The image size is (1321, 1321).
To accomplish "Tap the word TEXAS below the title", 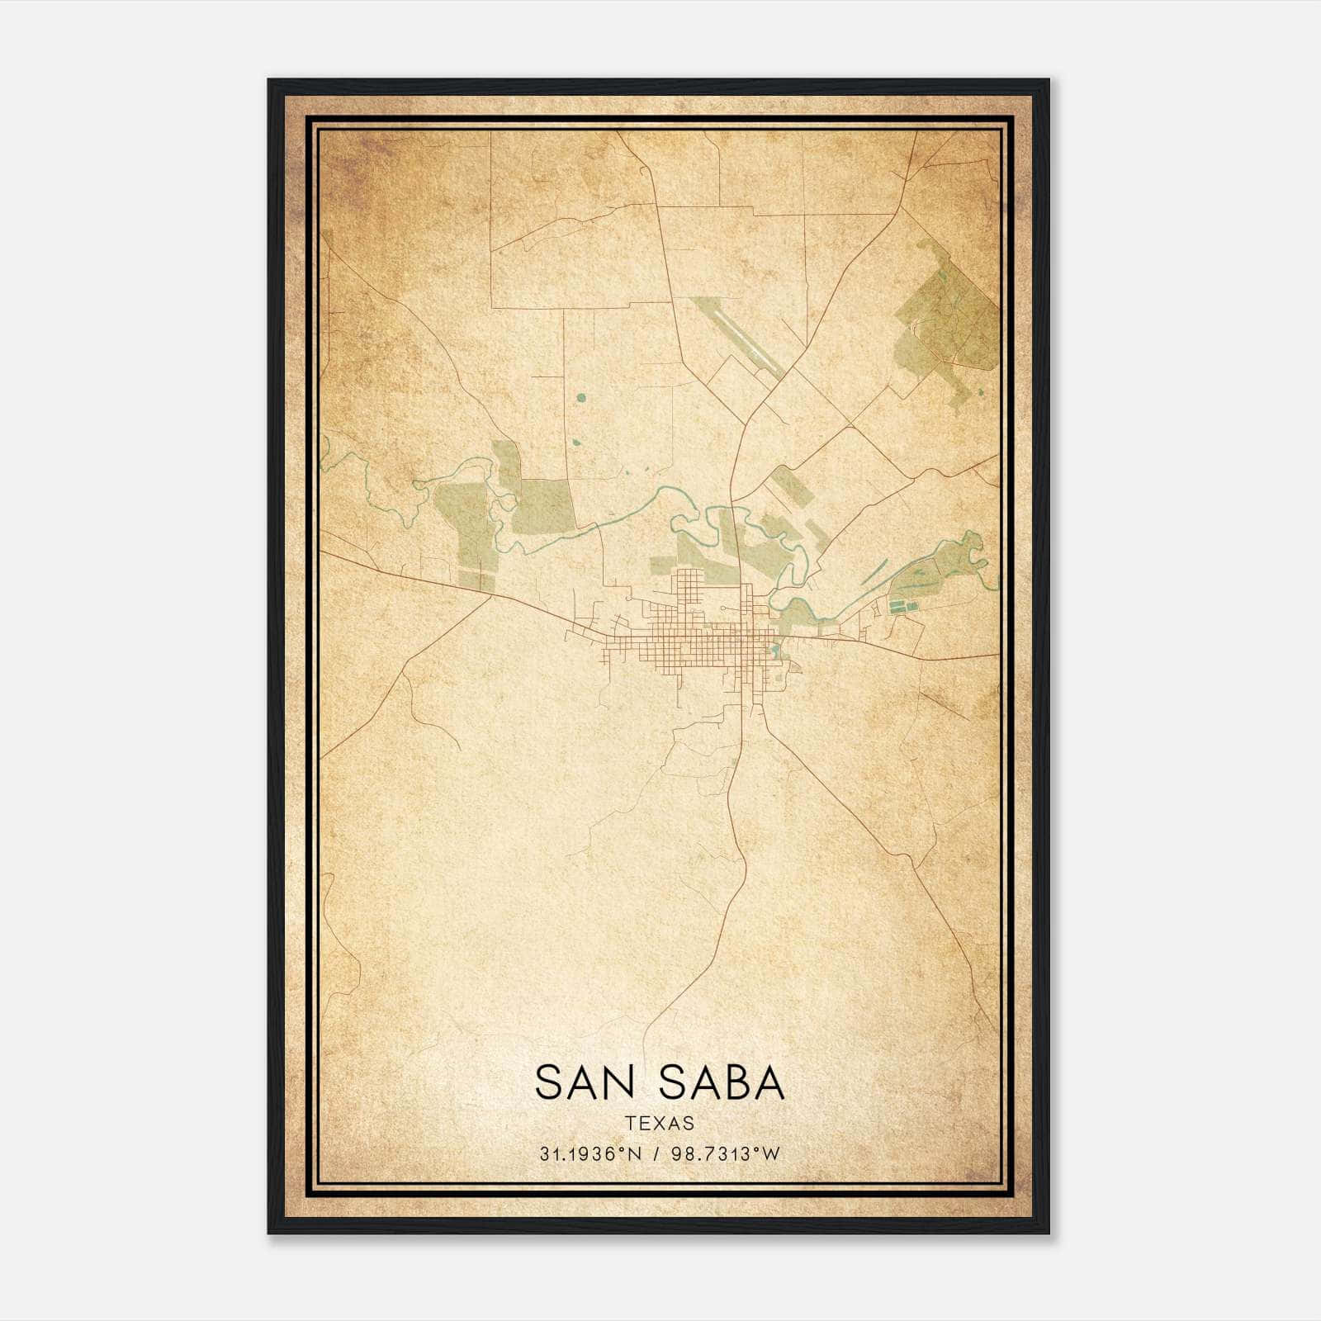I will (659, 1123).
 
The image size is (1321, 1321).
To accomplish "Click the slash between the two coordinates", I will (656, 1154).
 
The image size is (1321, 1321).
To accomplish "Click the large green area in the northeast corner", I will (949, 322).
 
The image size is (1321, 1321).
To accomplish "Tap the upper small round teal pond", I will (580, 398).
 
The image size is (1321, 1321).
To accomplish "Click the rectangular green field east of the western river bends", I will (542, 506).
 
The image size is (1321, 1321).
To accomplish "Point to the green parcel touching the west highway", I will (476, 578).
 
